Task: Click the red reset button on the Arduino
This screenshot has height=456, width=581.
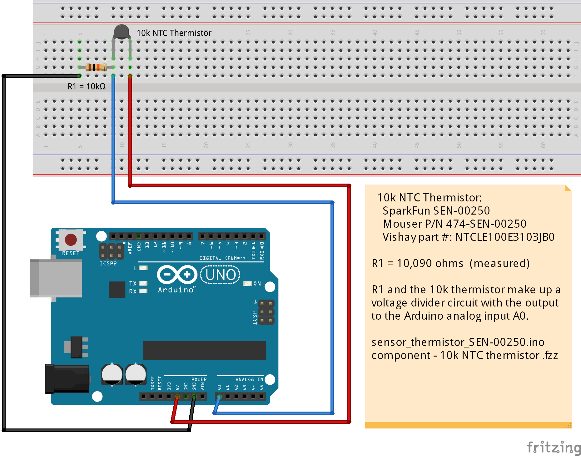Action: click(71, 240)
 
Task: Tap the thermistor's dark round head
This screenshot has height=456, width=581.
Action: click(122, 32)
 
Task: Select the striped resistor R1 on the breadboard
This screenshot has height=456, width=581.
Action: click(96, 67)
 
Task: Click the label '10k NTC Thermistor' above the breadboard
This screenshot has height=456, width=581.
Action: click(174, 33)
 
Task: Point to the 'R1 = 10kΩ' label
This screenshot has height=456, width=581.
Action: click(87, 86)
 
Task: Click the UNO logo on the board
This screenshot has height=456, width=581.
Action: click(220, 275)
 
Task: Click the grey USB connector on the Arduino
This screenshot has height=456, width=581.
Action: click(56, 278)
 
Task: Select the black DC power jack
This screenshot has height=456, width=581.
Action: click(67, 379)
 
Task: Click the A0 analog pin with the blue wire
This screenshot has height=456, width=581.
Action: click(219, 397)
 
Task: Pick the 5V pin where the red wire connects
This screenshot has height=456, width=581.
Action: click(177, 397)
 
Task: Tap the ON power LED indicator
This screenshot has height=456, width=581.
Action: click(248, 283)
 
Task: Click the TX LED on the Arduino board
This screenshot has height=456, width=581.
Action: click(143, 283)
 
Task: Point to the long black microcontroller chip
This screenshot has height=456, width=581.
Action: click(205, 351)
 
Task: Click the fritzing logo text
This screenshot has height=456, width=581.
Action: click(554, 448)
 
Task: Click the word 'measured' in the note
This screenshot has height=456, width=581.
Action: click(499, 263)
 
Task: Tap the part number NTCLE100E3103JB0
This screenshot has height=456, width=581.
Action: click(505, 237)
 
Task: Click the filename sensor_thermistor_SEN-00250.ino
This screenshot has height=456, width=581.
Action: click(458, 342)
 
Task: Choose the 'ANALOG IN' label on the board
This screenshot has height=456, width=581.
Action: click(249, 379)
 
